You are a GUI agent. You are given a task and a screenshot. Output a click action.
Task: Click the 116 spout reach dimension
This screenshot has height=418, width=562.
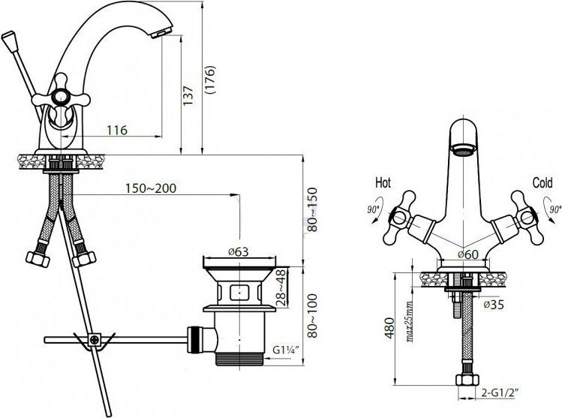tap(116, 131)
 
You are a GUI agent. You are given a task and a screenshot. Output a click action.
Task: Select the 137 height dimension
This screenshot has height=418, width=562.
tap(188, 95)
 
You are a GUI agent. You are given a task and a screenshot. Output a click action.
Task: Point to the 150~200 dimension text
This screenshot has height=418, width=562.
tap(152, 189)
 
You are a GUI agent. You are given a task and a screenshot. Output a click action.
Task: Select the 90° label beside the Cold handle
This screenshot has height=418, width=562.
tap(553, 209)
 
